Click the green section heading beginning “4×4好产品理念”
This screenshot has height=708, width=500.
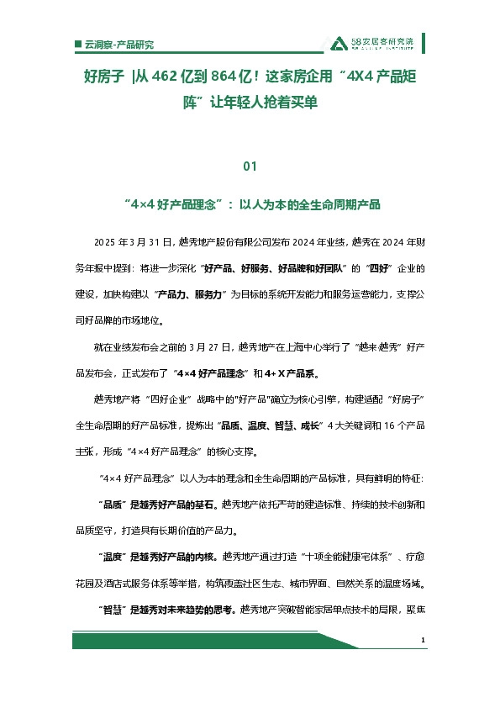pyautogui.click(x=250, y=204)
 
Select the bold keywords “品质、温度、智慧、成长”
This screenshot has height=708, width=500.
pyautogui.click(x=271, y=426)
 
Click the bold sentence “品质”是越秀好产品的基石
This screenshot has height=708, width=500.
pyautogui.click(x=161, y=505)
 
